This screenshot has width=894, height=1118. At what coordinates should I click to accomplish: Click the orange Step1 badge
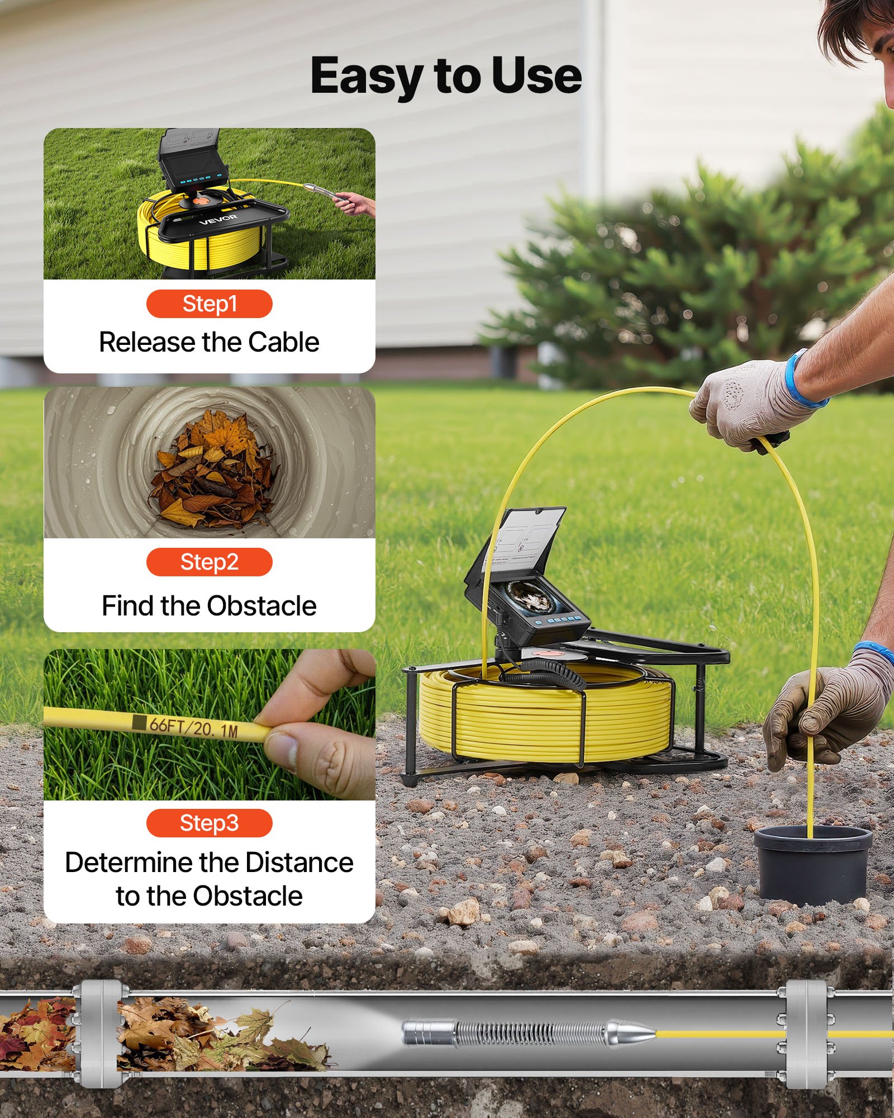(209, 304)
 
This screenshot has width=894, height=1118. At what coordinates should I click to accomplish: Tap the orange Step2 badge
(209, 562)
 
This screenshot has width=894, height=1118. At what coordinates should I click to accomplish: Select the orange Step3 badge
(209, 823)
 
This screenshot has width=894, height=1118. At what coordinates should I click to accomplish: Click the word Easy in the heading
(366, 77)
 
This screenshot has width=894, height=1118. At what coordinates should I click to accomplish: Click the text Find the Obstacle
(209, 606)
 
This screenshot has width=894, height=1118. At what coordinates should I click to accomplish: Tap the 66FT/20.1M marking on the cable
(193, 727)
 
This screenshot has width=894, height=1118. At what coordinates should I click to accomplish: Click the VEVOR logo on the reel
(218, 219)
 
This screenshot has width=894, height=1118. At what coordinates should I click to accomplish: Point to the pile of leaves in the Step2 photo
(212, 470)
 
